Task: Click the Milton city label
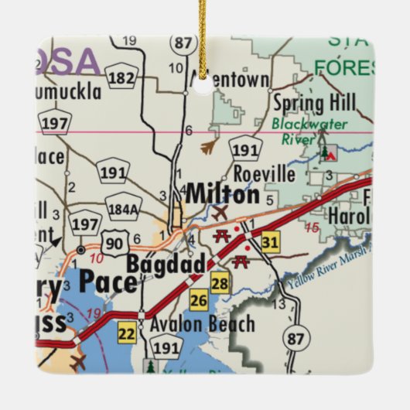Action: [x=222, y=194]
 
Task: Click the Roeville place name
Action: [x=264, y=174]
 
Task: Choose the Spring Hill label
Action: [x=314, y=103]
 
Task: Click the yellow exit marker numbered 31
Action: [x=269, y=242]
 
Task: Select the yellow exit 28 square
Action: [x=220, y=282]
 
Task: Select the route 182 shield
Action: [x=121, y=77]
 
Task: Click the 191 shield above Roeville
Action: [x=244, y=149]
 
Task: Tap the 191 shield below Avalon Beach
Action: [x=165, y=348]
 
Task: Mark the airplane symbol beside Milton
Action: [x=221, y=211]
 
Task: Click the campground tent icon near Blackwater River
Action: [x=330, y=152]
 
